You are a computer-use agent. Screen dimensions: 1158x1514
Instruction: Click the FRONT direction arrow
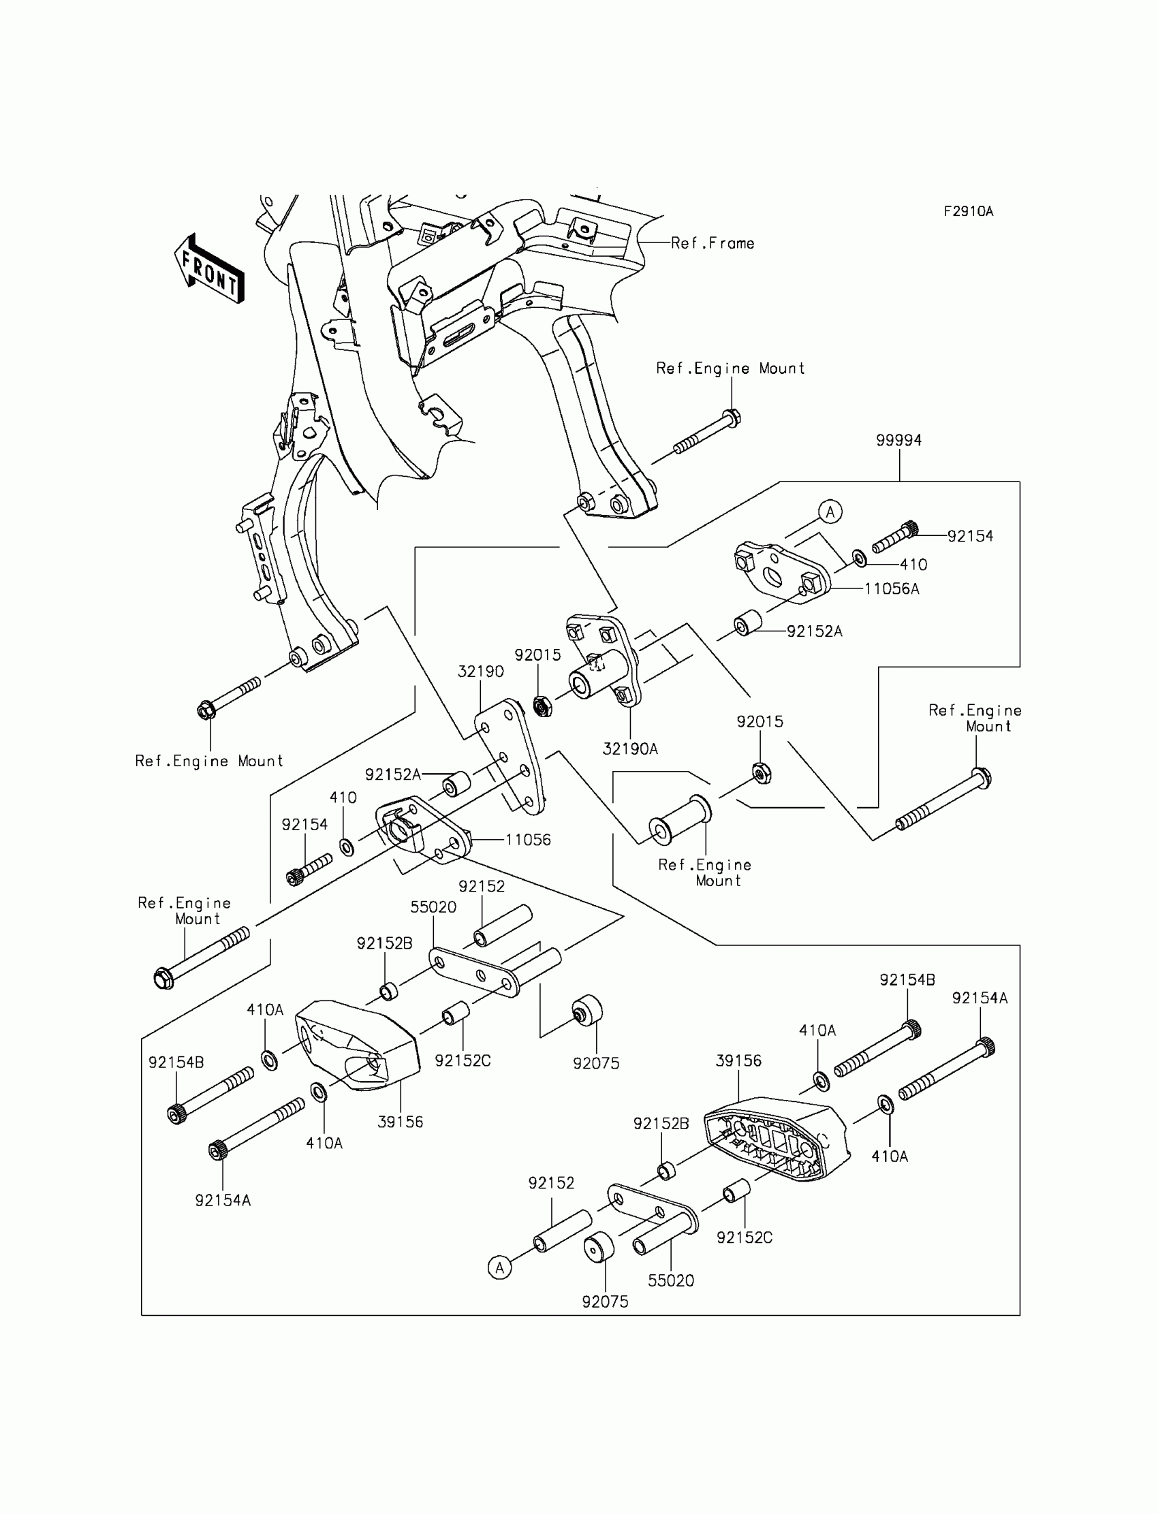(209, 269)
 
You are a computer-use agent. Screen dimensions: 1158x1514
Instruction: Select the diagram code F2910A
(969, 212)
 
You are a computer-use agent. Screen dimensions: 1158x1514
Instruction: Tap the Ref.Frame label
(713, 243)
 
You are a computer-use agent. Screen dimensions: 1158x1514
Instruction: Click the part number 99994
(899, 441)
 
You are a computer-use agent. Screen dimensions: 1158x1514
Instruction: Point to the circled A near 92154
(830, 512)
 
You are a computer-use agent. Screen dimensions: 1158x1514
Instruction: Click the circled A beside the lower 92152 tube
(500, 1267)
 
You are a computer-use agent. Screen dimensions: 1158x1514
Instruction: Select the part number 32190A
(630, 749)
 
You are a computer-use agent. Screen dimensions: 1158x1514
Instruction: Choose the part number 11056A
(892, 588)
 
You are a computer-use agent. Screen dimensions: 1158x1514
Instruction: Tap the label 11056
(528, 839)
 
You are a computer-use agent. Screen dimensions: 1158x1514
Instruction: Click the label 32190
(480, 672)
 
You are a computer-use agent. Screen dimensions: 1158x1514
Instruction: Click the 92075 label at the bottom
(605, 1302)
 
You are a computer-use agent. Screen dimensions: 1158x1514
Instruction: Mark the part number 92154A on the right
(980, 998)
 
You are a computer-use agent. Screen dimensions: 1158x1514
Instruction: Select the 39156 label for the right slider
(738, 1060)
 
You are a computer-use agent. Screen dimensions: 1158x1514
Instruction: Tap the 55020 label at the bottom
(671, 1280)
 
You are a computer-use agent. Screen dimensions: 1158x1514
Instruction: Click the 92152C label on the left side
(463, 1060)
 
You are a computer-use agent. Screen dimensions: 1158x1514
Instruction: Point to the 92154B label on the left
(176, 1062)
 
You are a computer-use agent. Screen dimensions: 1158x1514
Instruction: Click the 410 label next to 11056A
(913, 565)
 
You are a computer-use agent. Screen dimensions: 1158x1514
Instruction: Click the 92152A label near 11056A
(815, 631)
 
